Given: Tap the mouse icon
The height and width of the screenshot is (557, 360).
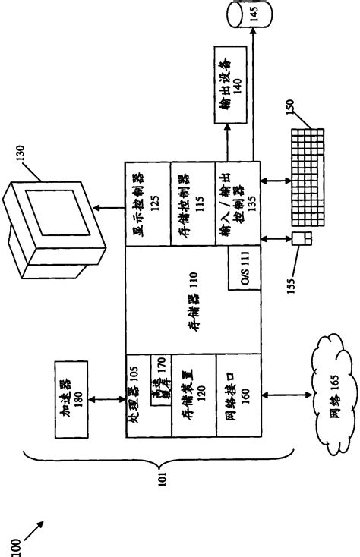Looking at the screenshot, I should (x=302, y=241).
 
